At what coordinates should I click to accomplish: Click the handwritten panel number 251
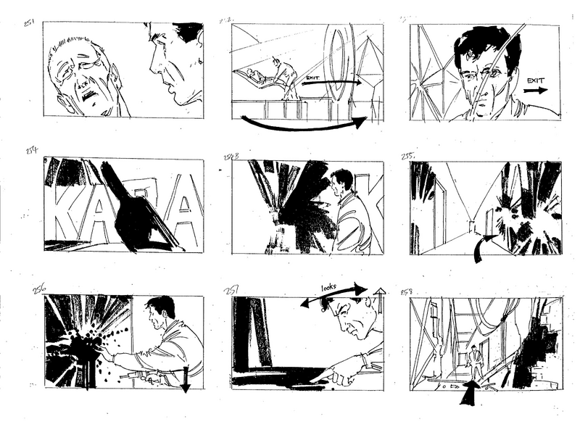(28, 22)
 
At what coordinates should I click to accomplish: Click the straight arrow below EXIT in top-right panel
(536, 92)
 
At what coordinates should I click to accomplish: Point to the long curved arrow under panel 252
(304, 125)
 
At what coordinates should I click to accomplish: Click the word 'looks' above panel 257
(329, 287)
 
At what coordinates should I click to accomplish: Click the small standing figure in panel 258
(474, 360)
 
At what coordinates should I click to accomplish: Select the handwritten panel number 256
(39, 289)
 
